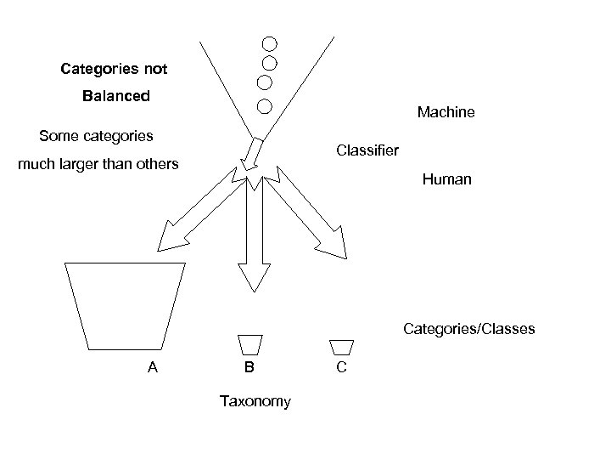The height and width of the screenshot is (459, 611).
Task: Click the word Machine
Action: click(446, 112)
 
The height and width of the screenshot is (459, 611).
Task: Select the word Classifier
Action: click(367, 150)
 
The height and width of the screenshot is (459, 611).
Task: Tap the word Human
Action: click(446, 180)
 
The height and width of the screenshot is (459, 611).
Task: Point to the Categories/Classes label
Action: click(469, 328)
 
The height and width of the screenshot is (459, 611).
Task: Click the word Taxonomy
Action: click(255, 401)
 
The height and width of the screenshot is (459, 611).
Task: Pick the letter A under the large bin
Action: click(153, 367)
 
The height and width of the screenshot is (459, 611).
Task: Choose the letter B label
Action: click(249, 367)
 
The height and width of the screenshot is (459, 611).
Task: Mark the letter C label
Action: click(340, 367)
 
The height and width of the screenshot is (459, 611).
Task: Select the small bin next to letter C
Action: click(341, 346)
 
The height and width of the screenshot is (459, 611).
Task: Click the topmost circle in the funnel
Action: click(269, 43)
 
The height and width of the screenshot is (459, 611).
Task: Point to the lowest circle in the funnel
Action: click(264, 106)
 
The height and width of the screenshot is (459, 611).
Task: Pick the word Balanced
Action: click(115, 96)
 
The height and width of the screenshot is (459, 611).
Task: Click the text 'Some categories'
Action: click(96, 135)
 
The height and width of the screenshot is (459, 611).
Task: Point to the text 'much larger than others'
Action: click(98, 164)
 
